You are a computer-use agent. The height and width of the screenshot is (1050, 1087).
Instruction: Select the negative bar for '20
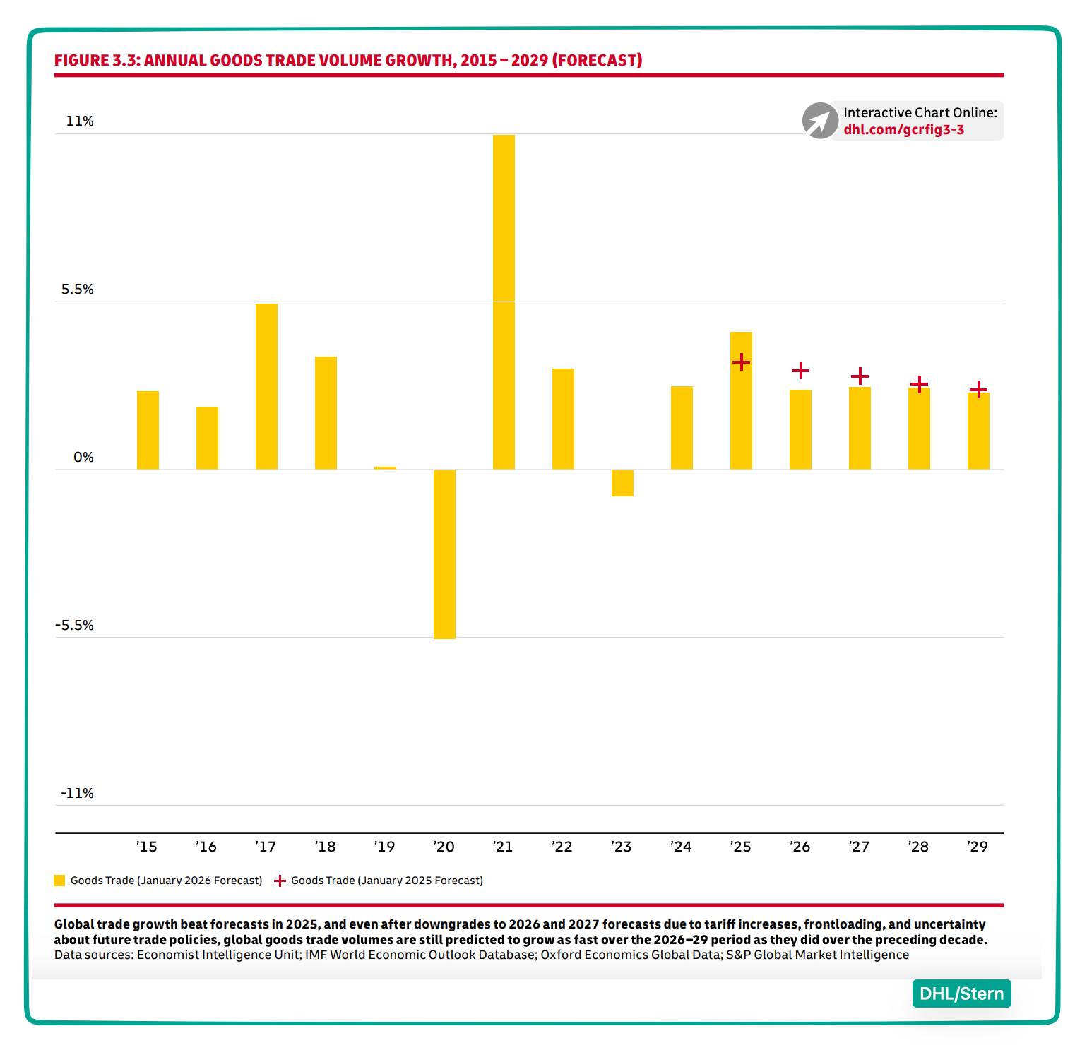[x=444, y=554]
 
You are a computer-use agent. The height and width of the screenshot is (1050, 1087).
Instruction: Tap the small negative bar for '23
[x=622, y=483]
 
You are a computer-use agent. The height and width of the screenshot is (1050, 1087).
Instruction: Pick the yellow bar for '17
[x=266, y=386]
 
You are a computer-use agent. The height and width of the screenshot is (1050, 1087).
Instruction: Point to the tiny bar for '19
[x=385, y=468]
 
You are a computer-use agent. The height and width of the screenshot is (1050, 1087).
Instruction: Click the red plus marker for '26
[x=800, y=370]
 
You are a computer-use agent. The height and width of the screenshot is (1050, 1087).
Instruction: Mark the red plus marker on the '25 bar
[x=741, y=362]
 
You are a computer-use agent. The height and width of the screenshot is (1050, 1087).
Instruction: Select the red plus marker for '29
[x=978, y=389]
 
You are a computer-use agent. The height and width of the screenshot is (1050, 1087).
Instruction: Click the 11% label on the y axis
[x=80, y=121]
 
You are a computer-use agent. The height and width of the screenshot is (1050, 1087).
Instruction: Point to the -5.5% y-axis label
[x=76, y=626]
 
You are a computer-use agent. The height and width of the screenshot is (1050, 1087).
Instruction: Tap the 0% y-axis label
[x=83, y=458]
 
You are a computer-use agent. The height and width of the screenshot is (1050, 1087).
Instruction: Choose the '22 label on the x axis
[x=562, y=847]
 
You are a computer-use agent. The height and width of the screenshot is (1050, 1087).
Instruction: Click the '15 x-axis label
[x=147, y=847]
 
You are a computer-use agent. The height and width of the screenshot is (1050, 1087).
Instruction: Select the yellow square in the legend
[x=59, y=881]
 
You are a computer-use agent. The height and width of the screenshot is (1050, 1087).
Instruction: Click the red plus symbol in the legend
[x=280, y=881]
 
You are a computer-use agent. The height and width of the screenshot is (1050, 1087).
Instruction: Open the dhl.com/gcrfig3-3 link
[x=903, y=130]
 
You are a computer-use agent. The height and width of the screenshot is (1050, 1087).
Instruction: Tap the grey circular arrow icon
[x=820, y=121]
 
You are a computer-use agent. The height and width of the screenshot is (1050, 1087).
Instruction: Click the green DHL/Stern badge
[x=961, y=994]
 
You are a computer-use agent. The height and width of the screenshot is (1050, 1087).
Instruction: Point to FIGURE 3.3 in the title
[x=97, y=61]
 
